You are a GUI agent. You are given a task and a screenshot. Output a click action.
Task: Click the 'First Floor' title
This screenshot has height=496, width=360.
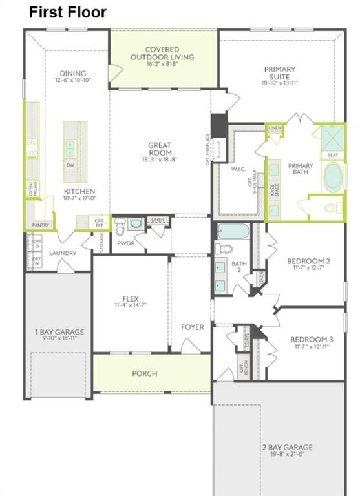(68, 12)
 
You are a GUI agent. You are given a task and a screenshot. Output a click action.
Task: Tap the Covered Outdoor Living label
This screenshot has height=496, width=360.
(162, 53)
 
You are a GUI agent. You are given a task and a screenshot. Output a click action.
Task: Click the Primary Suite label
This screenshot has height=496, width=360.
(279, 73)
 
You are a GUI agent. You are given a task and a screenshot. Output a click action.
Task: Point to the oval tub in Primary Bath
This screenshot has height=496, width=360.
(334, 176)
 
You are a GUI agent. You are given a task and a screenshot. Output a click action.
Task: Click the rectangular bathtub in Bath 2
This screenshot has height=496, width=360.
(237, 231)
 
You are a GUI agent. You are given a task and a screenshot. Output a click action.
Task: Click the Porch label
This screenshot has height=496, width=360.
(145, 373)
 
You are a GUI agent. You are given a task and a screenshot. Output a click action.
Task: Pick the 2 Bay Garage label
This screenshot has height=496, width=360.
(287, 447)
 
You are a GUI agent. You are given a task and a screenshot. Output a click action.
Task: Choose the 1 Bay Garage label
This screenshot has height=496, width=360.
(59, 333)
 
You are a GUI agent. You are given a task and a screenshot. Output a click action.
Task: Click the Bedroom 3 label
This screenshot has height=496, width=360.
(312, 340)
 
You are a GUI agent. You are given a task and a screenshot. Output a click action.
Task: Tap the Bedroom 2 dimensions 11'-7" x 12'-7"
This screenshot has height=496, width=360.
(308, 269)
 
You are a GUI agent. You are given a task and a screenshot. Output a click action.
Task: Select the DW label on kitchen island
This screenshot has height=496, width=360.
(69, 165)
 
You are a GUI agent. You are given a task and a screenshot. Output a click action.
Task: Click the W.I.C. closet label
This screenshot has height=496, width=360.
(236, 170)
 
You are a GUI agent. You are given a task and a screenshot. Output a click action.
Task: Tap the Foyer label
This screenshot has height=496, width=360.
(192, 327)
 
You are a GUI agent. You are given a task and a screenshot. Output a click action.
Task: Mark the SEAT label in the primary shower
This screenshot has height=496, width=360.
(333, 155)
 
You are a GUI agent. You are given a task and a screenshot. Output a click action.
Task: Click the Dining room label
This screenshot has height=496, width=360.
(73, 74)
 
